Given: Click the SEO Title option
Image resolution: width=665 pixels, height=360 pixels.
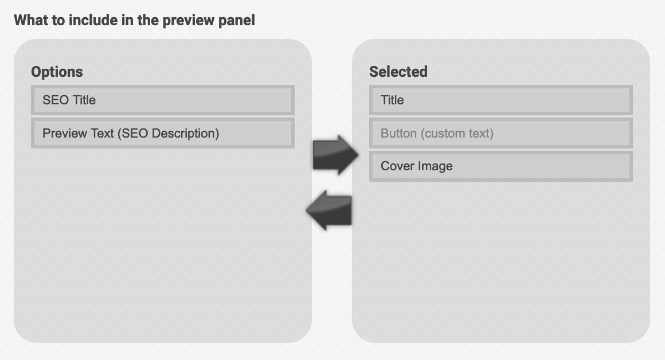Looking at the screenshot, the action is coord(162,100).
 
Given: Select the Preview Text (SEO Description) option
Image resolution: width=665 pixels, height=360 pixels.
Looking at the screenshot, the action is coord(162,133).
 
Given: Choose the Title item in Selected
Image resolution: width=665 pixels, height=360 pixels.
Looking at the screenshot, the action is coord(501,100).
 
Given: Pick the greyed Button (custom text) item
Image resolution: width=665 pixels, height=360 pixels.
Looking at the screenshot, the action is coord(501,133).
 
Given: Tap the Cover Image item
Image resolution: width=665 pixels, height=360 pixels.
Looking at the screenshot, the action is coord(501,166).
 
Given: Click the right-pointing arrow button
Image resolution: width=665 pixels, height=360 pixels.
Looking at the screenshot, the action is coord(335,155).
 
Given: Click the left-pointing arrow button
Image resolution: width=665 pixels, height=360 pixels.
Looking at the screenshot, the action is coord(329,210).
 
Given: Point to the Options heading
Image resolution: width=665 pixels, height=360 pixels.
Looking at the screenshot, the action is coord(57,72).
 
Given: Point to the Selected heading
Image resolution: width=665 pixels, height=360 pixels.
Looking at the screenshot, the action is coord(398,72).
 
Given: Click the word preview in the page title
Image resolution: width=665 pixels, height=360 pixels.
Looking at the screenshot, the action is coord(188,21).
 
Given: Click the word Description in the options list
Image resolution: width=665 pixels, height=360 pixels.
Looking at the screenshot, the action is coord(185,134).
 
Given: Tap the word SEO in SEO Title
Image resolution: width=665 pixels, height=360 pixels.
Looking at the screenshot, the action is coord(56,100).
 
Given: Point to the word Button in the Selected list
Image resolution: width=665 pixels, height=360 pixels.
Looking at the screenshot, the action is coord(398,133).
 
